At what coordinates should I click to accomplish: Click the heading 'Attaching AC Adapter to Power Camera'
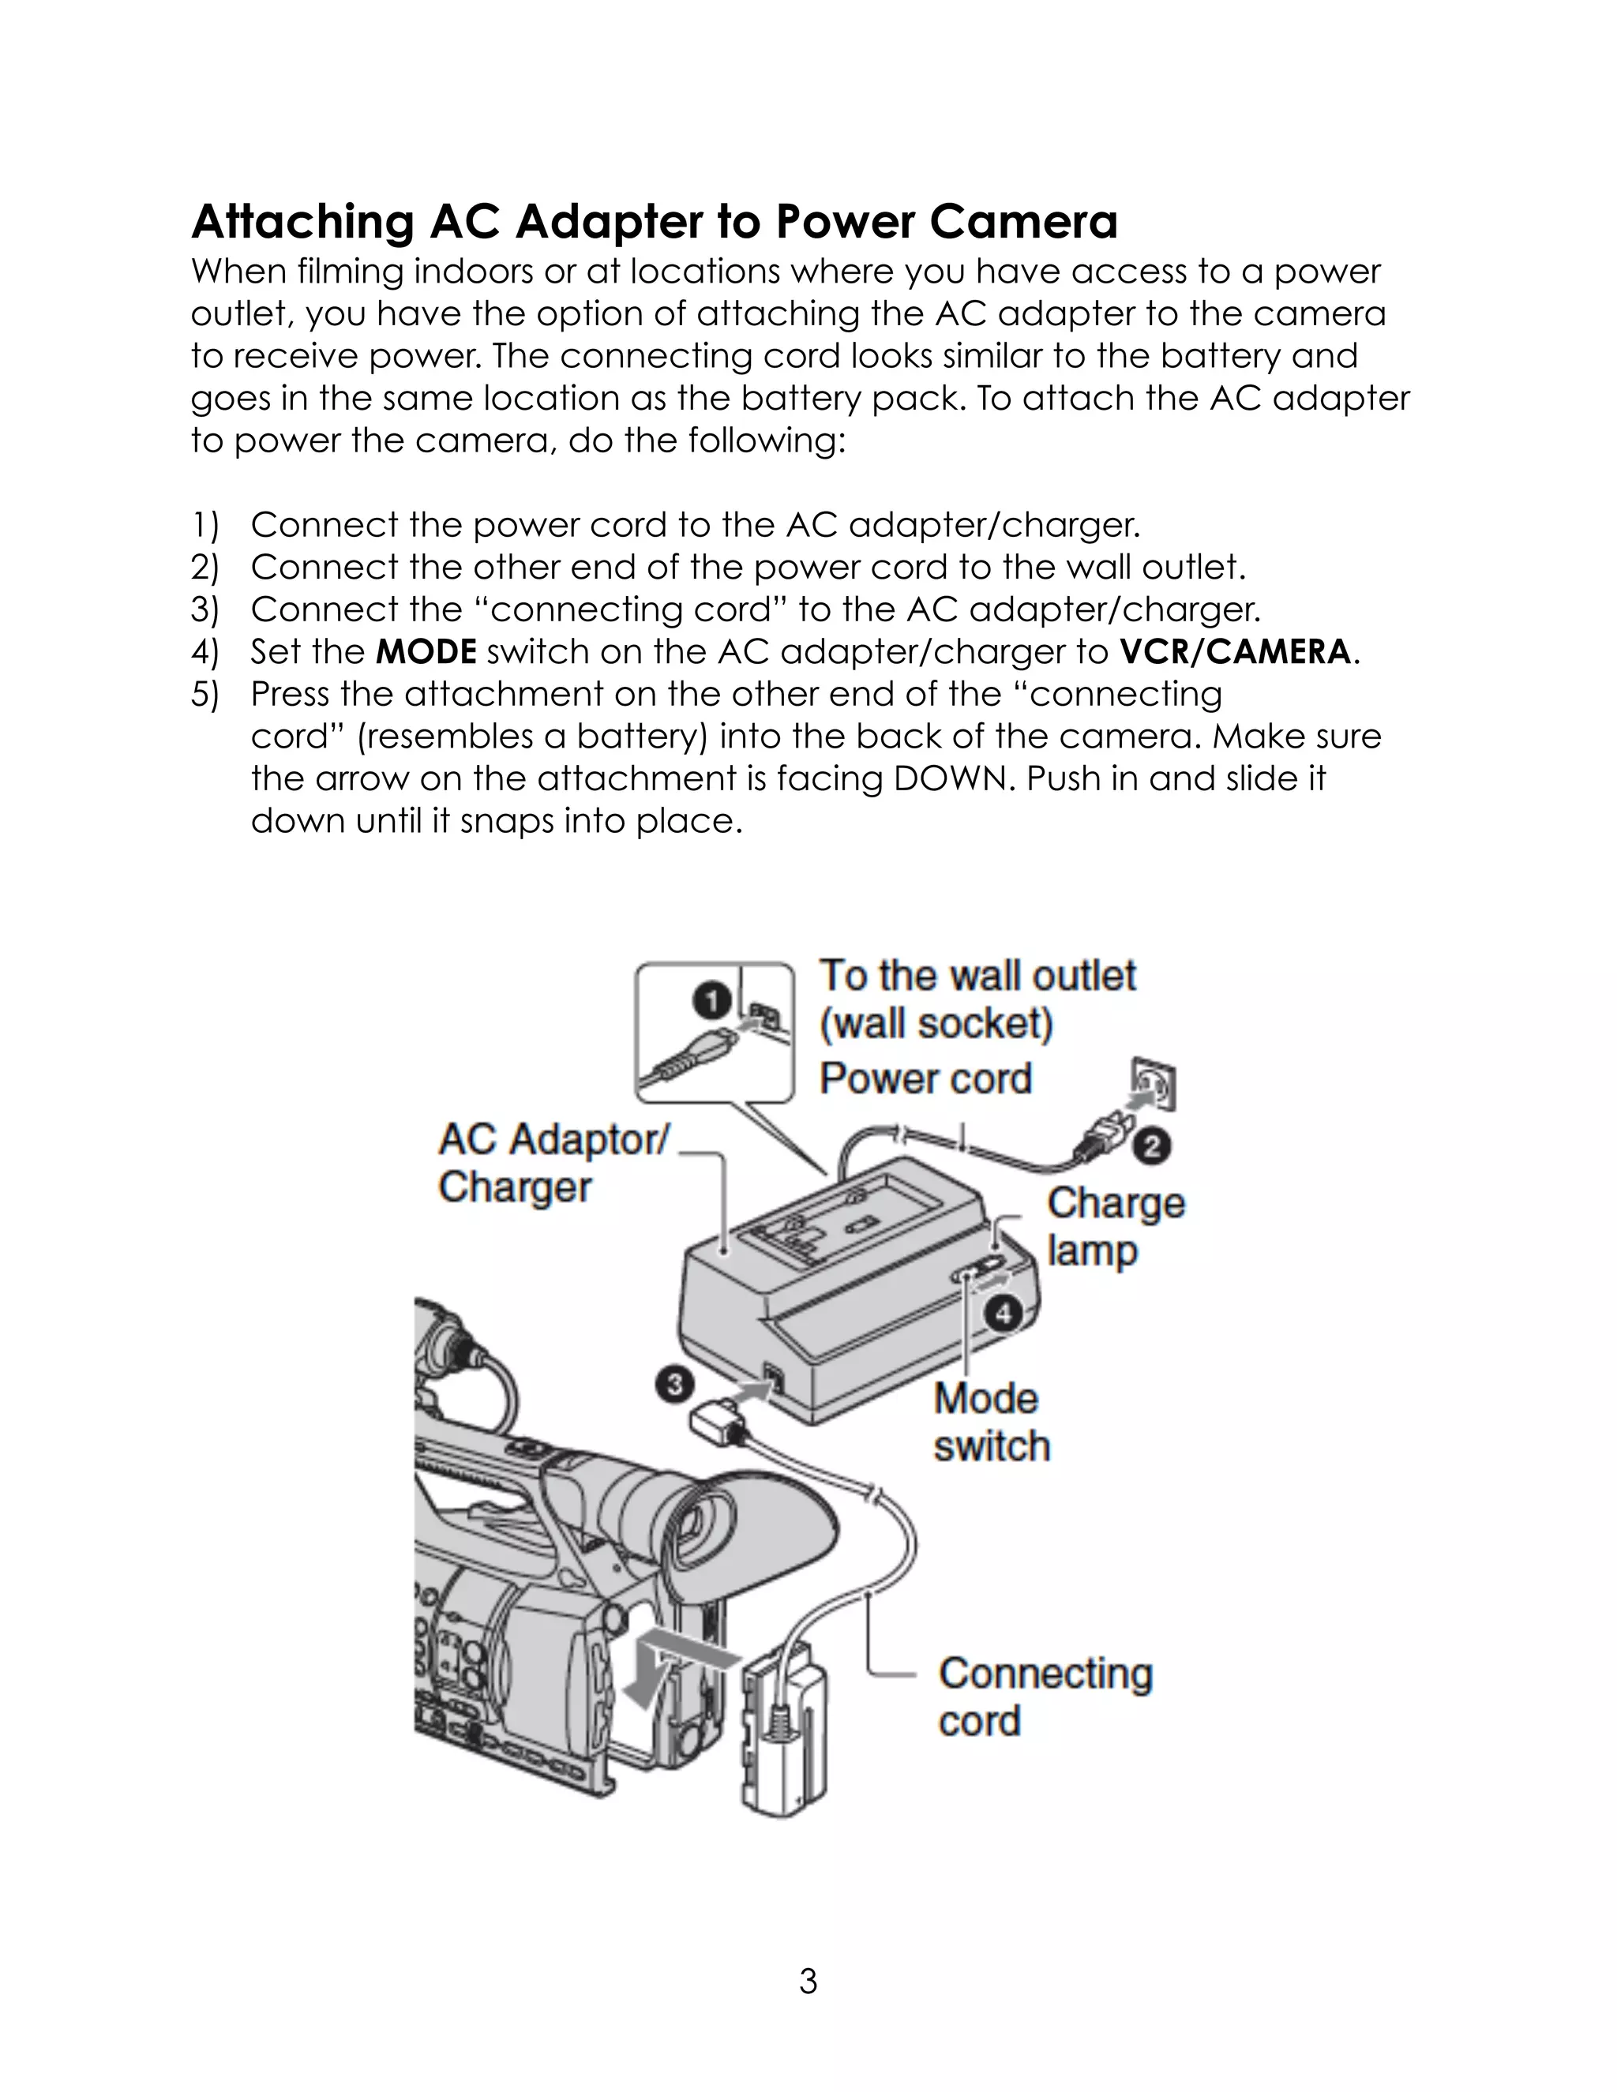point(655,223)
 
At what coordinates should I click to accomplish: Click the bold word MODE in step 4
point(426,652)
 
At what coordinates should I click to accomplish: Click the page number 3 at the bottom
point(808,1981)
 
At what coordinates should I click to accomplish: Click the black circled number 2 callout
point(1153,1145)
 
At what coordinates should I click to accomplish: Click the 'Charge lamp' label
point(1115,1227)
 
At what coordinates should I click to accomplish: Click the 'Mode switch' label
point(991,1423)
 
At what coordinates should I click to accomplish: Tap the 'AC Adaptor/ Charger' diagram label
point(553,1163)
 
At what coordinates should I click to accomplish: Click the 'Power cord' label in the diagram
point(925,1078)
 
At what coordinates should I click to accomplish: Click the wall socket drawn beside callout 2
point(1154,1086)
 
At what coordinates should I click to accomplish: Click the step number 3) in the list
point(204,610)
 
